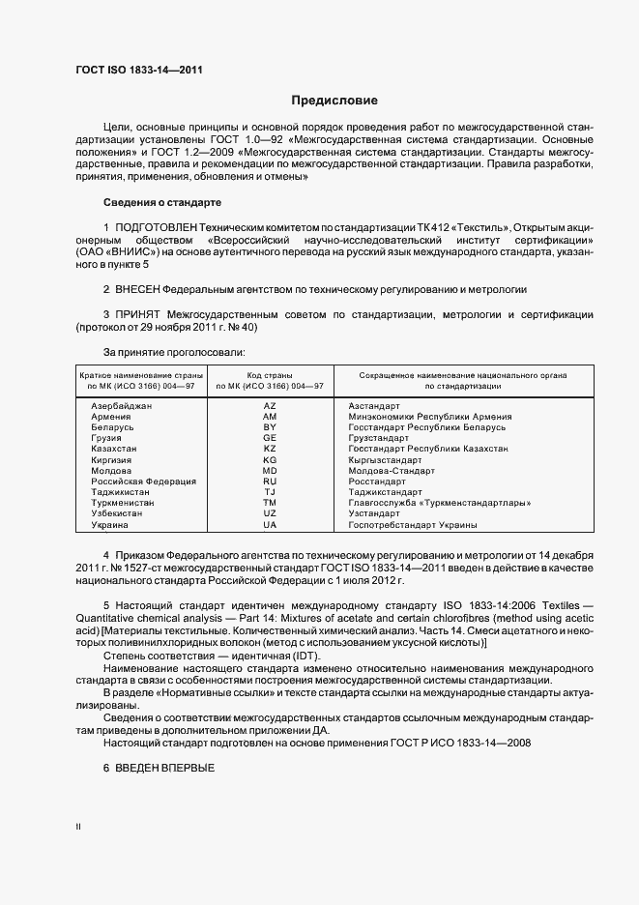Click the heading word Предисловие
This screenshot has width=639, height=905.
[x=334, y=101]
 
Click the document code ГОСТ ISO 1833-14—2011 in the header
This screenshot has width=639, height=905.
[x=138, y=70]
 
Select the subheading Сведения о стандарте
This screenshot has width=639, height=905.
[x=161, y=203]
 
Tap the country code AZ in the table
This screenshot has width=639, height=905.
[x=270, y=406]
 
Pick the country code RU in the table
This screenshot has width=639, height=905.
[x=270, y=481]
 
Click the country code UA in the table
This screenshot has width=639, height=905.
[x=270, y=524]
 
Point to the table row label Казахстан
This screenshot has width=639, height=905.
[x=114, y=449]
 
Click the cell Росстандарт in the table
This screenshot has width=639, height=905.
[x=377, y=481]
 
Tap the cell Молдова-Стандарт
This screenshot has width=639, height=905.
[x=391, y=470]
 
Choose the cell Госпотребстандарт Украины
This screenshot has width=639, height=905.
[x=413, y=524]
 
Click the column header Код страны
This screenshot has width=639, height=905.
[x=270, y=374]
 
